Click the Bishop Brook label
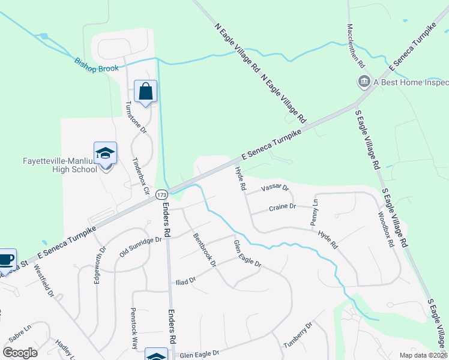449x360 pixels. coord(97,65)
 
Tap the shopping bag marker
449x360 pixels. coord(145,91)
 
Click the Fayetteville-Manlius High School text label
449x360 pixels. coord(59,165)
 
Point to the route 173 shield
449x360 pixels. coord(161,194)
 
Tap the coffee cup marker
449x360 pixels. coord(6,260)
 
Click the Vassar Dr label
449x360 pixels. coord(275,188)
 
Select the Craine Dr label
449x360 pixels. coord(282,206)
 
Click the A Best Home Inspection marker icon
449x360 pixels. coord(363,82)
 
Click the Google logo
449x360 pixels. coord(20,353)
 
